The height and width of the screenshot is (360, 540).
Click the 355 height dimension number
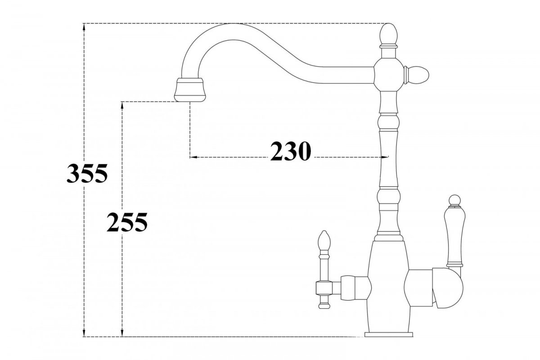[x=87, y=173]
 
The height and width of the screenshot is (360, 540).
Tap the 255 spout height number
[x=127, y=222]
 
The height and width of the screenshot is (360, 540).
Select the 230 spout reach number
[x=291, y=151]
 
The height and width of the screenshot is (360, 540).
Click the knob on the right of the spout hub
[x=417, y=75]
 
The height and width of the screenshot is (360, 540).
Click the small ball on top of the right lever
[x=454, y=201]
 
